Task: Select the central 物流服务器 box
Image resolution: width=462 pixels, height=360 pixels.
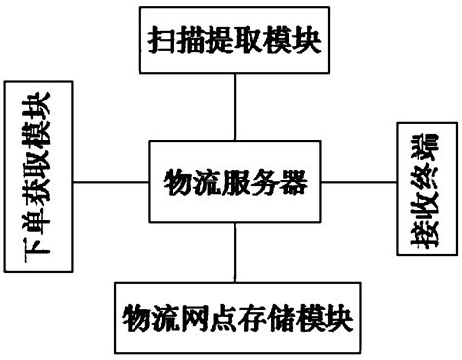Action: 234,180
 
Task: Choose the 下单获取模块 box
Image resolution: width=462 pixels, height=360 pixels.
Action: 39,180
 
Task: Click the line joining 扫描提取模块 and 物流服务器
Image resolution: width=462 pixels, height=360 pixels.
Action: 234,107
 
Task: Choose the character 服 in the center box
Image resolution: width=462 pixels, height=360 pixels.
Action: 234,180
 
